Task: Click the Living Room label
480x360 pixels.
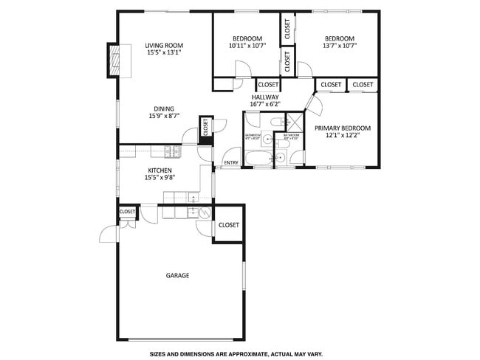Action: tap(163, 45)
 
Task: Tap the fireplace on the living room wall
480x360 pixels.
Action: tap(114, 60)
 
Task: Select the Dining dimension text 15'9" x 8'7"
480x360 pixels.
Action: tap(163, 116)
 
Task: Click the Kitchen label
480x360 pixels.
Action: tap(159, 170)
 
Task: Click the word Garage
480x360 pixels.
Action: tap(177, 275)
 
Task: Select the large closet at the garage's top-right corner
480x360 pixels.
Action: tap(228, 225)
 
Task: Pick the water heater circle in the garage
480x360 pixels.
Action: tap(205, 212)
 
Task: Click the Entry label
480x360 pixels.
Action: tap(231, 163)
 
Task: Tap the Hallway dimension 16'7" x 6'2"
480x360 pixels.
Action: tap(265, 104)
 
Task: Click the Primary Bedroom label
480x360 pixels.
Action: tap(343, 128)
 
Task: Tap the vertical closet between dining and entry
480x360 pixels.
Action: tap(206, 127)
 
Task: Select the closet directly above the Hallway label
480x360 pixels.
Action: tap(268, 85)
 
